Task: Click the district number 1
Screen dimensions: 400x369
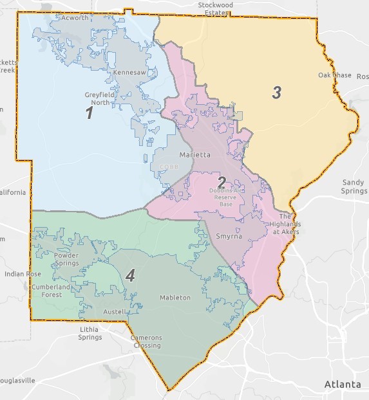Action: pos(90,113)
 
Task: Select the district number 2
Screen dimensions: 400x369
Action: pos(221,182)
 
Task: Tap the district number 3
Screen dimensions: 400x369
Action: pos(276,93)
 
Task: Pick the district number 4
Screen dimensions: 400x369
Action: pos(130,277)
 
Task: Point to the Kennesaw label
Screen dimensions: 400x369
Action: pos(129,73)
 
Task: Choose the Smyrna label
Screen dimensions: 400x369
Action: pos(229,236)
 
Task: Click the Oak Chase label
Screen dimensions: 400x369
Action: pos(335,75)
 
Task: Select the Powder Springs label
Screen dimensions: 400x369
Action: pos(66,259)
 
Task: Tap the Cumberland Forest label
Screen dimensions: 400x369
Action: pos(49,291)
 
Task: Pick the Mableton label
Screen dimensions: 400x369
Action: pos(175,298)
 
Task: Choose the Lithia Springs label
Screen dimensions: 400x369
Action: pos(90,333)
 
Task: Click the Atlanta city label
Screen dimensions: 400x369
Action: pos(343,384)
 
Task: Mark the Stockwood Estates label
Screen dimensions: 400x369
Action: pos(216,8)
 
